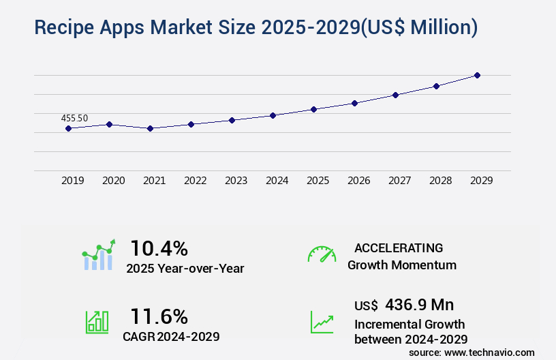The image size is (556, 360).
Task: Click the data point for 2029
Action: (x=477, y=75)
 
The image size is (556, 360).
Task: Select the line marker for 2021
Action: (x=150, y=128)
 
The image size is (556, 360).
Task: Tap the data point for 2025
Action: (x=313, y=109)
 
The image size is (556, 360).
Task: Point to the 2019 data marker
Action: (x=68, y=128)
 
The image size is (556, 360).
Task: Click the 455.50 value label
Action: (x=74, y=118)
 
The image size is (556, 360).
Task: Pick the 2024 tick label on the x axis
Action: (x=277, y=181)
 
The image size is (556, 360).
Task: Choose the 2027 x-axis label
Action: (x=399, y=181)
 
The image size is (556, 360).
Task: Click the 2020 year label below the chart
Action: (x=113, y=181)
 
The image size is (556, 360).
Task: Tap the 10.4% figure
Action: (x=159, y=248)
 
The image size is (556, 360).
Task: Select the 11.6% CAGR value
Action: (x=159, y=316)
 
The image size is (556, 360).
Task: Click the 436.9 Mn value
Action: (x=419, y=305)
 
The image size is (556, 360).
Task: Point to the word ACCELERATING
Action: (x=399, y=248)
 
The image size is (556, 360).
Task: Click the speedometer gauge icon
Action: (x=322, y=254)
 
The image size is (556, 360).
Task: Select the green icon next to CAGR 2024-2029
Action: (x=96, y=321)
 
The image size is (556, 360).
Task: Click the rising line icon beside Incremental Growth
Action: (x=322, y=322)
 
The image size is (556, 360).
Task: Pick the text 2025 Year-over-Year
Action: (x=185, y=269)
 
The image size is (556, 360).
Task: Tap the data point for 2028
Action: (x=436, y=86)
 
